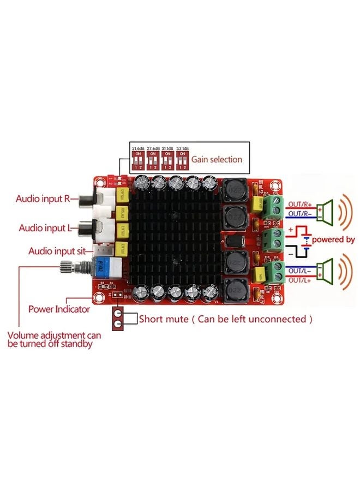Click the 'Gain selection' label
coord(216,159)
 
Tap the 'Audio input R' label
coord(43,199)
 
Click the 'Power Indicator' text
coord(59,309)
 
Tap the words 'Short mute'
coord(161,318)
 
